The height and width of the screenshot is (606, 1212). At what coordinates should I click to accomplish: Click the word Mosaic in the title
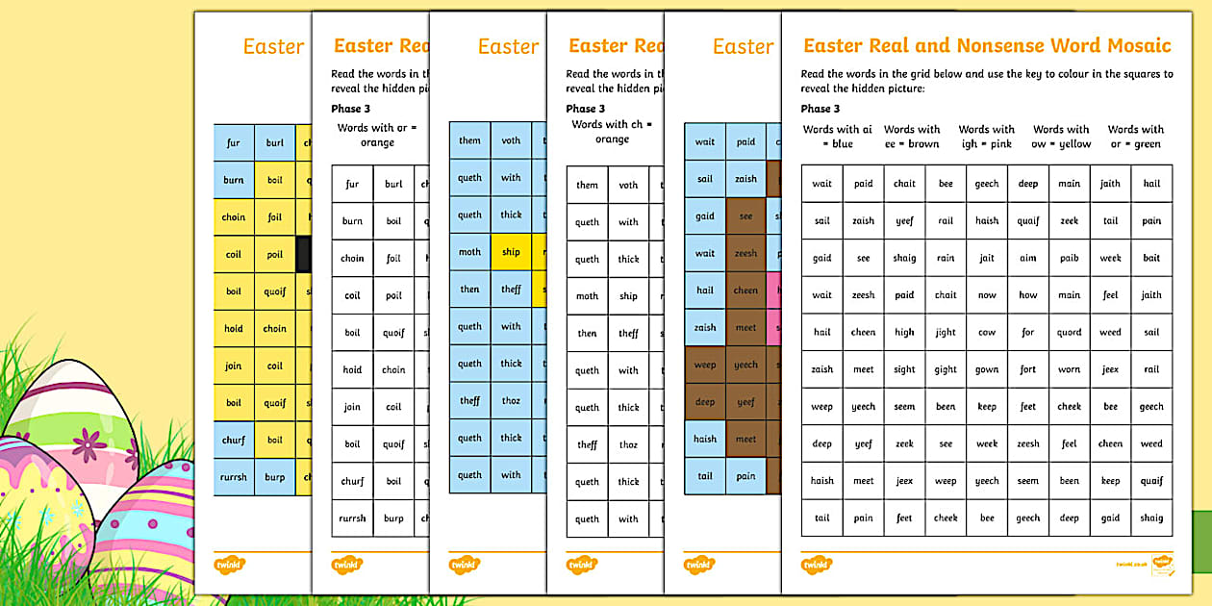click(1135, 45)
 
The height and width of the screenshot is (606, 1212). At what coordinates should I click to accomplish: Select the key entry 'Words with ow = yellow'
click(1062, 137)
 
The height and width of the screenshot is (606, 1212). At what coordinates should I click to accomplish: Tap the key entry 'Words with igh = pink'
click(986, 137)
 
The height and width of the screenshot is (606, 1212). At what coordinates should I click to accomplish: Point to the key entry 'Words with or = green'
click(1135, 137)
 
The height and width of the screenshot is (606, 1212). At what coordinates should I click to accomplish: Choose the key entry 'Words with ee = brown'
click(912, 137)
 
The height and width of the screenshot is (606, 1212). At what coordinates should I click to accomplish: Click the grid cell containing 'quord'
click(1070, 333)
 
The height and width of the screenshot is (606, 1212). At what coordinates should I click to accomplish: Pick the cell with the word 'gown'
click(987, 369)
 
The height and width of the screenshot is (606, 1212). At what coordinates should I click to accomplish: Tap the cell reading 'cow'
click(987, 333)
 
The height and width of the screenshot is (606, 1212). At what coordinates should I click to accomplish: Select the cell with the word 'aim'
click(1028, 258)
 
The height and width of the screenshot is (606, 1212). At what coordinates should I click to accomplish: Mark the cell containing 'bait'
click(1151, 258)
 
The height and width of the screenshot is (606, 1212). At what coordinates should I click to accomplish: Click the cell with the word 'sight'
click(904, 369)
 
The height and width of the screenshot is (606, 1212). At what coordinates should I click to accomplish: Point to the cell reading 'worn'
click(1070, 369)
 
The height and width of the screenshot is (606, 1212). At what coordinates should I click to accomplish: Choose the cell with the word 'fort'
click(1028, 369)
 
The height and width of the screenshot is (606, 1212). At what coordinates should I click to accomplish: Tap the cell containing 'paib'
click(1070, 258)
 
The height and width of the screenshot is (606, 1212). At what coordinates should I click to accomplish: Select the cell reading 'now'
click(987, 295)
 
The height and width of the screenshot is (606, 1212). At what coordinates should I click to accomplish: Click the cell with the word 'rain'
click(946, 258)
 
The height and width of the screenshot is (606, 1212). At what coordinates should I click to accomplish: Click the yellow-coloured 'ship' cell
click(511, 252)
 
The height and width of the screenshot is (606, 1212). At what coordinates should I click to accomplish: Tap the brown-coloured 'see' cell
click(746, 216)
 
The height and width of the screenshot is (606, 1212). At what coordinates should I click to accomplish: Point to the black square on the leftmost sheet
click(304, 254)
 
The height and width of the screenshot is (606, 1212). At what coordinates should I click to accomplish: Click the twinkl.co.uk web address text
click(1130, 564)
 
